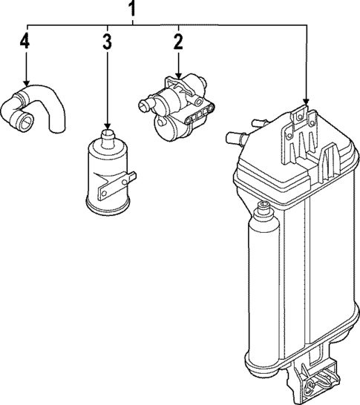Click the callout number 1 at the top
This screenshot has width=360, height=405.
click(x=132, y=8)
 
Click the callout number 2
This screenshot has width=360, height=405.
click(x=178, y=42)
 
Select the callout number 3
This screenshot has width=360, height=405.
click(x=107, y=42)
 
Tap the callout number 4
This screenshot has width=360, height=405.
click(x=24, y=42)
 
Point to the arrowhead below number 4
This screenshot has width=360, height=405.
click(x=27, y=83)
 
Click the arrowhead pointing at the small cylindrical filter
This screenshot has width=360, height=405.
click(x=108, y=126)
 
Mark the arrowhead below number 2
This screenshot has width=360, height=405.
click(x=179, y=76)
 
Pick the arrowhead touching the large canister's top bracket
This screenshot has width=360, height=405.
click(x=307, y=102)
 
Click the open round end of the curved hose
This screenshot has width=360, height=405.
click(x=27, y=120)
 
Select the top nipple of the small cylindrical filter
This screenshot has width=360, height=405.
click(x=108, y=137)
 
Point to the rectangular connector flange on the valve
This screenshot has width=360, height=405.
click(x=200, y=113)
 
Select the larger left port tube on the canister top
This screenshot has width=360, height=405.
click(x=236, y=138)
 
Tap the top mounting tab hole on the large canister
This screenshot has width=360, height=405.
click(x=300, y=116)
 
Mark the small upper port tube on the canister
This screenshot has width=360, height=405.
click(x=259, y=123)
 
